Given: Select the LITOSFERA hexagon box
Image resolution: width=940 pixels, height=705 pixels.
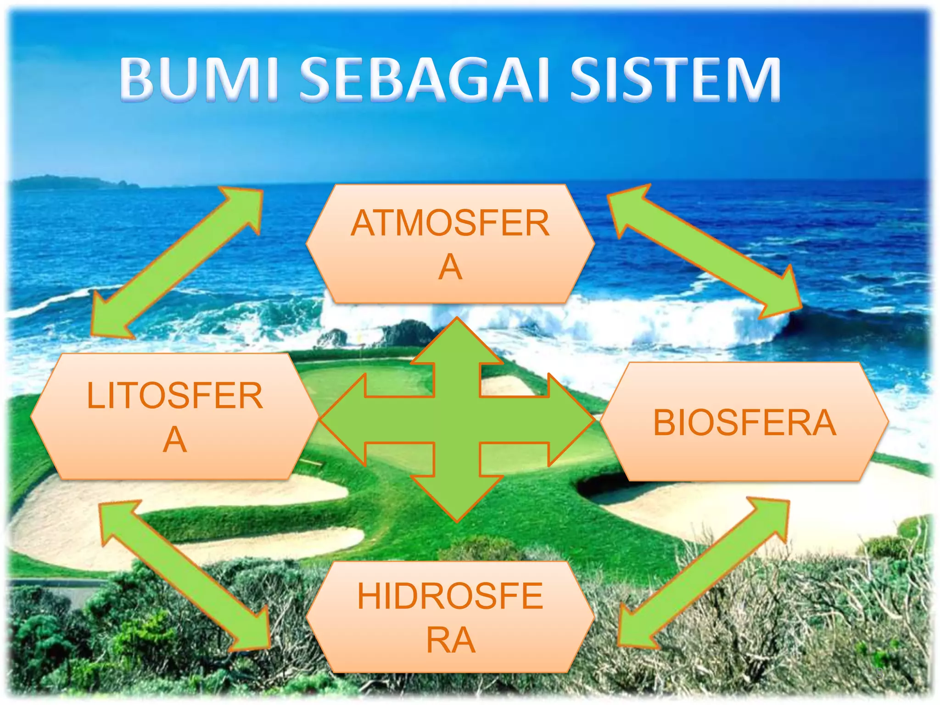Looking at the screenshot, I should (174, 417).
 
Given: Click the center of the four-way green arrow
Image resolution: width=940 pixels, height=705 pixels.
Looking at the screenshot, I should (457, 420).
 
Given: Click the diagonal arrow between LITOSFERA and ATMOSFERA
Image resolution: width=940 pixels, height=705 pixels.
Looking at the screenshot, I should (177, 262).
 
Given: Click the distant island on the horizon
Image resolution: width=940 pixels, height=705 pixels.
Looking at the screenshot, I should (73, 183).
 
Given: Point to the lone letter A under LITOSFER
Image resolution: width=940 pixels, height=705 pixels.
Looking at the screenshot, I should (175, 440).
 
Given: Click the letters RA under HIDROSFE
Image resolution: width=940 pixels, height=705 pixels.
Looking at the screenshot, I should (450, 640).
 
